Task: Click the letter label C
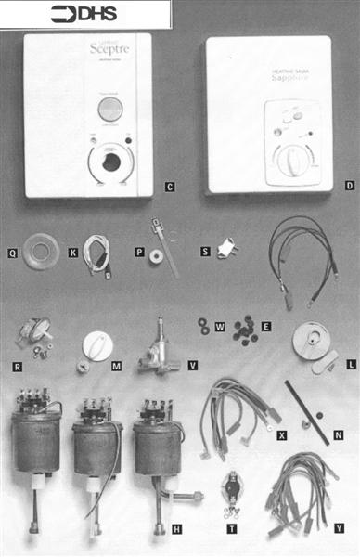170,187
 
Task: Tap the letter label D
349,186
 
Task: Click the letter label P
138,252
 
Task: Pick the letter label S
205,252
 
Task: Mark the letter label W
220,326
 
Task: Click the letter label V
192,366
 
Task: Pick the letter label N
338,433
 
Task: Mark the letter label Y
341,526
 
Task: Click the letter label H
176,527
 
